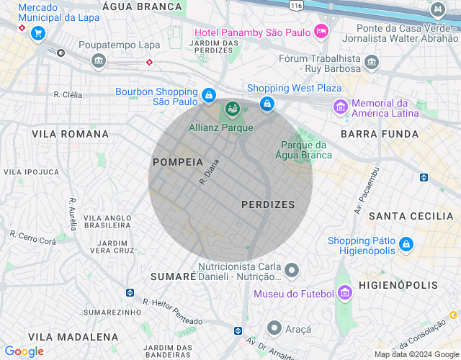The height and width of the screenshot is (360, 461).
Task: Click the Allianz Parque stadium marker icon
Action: (232, 109)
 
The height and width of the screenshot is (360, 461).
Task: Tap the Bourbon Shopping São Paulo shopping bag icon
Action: (208, 95)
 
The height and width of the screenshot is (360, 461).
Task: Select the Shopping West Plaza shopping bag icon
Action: (267, 104)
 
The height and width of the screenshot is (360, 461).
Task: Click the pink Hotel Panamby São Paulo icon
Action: (321, 32)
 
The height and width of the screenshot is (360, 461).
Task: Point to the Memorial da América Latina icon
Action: (339, 107)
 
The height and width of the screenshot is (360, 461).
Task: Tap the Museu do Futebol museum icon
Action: (345, 292)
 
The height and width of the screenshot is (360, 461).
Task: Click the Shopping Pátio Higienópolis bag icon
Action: (406, 244)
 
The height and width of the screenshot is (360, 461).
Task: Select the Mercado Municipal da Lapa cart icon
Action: (38, 32)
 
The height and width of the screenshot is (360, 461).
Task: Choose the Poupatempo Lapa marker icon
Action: (99, 62)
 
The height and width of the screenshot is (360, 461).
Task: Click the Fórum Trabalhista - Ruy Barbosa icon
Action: (371, 62)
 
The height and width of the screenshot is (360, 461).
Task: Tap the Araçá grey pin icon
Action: (274, 328)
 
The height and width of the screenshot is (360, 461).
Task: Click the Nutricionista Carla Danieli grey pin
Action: (292, 271)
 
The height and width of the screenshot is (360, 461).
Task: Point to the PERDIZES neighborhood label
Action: (268, 204)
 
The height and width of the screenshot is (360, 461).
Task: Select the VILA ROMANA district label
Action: (70, 134)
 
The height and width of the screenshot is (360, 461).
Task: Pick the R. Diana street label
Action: (209, 171)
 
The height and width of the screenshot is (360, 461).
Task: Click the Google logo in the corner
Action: (24, 351)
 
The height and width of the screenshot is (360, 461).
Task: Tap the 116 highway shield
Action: (295, 4)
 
